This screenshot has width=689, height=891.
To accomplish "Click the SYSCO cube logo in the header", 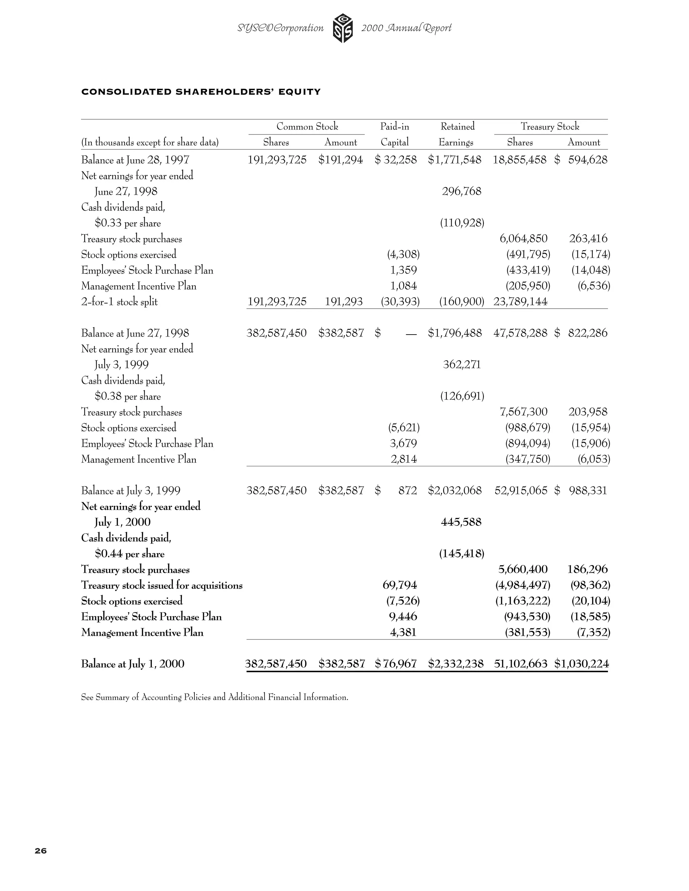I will tap(342, 28).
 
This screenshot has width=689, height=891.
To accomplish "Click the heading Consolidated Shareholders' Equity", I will tap(201, 92).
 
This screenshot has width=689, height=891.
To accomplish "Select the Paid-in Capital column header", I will tap(394, 134).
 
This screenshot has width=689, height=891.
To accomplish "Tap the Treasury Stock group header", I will tap(550, 126).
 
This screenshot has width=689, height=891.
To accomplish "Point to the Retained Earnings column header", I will tap(457, 134).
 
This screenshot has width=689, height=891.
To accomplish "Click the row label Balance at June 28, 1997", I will tap(135, 160).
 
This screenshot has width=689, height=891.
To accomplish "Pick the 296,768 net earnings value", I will tap(462, 191).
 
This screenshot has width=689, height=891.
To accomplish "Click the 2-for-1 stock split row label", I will tap(119, 302).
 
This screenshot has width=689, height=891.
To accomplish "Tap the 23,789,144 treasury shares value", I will tap(520, 302).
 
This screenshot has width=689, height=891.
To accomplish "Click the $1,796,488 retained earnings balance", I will tap(455, 333).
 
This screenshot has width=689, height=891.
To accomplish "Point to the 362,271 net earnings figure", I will tap(462, 364).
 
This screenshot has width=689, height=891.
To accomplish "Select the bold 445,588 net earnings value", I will tap(461, 522).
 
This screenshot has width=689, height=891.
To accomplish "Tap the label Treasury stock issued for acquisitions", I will tap(161, 585).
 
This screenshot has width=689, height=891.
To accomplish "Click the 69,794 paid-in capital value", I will tap(400, 585).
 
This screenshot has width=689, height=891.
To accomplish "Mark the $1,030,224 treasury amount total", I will tap(581, 664).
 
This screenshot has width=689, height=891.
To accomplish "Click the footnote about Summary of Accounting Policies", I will tap(215, 697).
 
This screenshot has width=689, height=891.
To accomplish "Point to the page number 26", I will tap(41, 851).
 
